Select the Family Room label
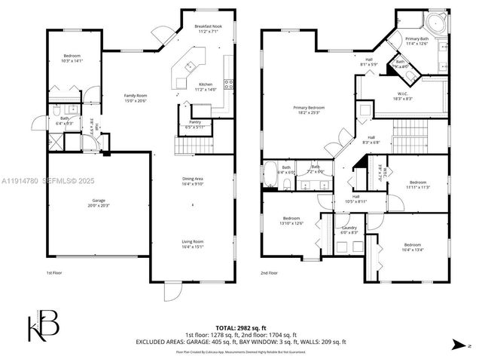click(x=136, y=97)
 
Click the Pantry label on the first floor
click(x=195, y=124)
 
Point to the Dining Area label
click(x=194, y=180)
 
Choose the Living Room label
click(x=193, y=244)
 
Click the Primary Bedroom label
click(x=307, y=110)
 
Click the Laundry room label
click(x=349, y=230)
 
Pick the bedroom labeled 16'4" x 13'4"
click(x=412, y=247)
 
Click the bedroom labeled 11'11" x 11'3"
click(x=419, y=184)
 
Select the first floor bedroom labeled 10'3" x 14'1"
click(x=72, y=59)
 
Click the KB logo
click(x=42, y=327)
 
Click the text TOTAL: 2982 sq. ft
click(x=241, y=329)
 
